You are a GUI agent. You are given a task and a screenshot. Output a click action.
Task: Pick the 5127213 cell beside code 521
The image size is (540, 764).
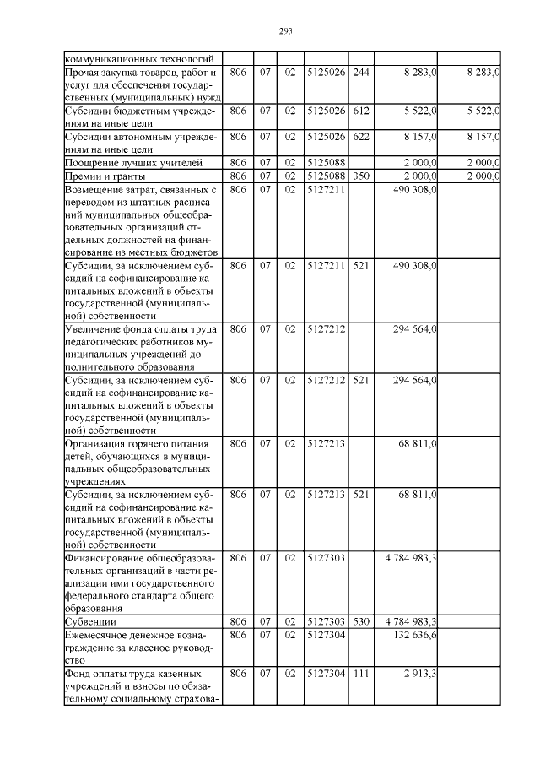pos(327,493)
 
